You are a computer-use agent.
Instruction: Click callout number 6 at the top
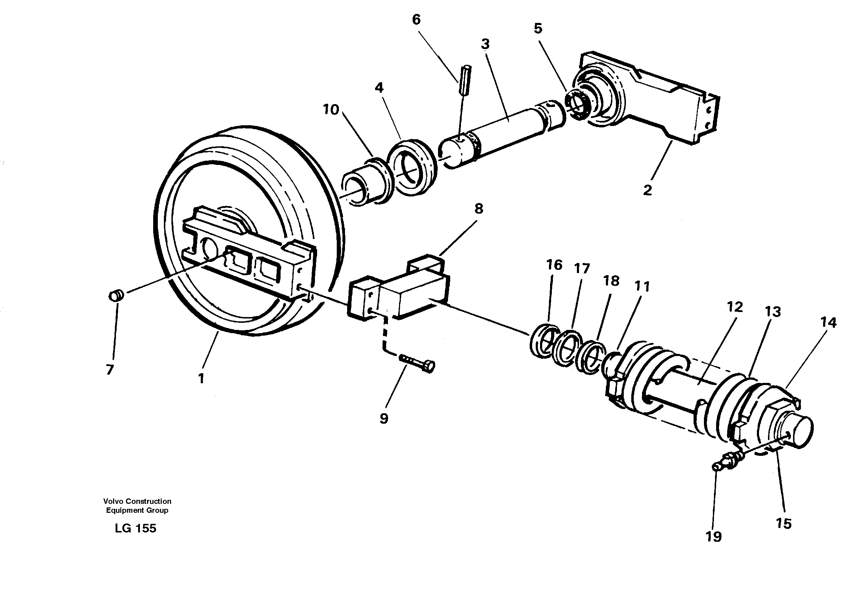coord(415,20)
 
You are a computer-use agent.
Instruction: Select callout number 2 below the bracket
coord(647,190)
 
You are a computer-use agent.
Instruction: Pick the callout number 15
coord(783,524)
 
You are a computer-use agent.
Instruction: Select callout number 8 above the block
coord(478,209)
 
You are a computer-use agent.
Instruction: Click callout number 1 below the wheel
coord(201,378)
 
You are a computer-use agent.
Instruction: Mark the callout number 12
coord(735,306)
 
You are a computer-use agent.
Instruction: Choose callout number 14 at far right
coord(828,323)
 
